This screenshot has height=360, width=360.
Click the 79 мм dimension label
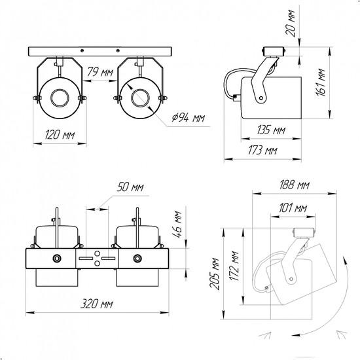coord(100,72)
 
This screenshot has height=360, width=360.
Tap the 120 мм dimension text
coord(60,135)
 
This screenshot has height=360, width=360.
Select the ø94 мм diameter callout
coord(189,118)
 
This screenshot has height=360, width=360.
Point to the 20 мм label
coord(290,23)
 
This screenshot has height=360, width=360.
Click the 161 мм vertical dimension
coord(320,82)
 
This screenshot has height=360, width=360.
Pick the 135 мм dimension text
coord(271,130)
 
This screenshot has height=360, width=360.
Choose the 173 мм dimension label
coord(262,151)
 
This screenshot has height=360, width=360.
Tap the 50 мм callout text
coord(130,187)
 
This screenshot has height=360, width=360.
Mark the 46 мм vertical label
coord(177,224)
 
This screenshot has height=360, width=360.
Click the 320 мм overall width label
coord(97,304)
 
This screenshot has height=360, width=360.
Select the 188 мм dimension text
coord(295,185)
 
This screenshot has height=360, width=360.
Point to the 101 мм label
coord(293,208)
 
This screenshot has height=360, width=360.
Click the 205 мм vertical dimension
coord(215,274)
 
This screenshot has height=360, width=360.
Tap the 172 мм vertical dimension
coord(234,266)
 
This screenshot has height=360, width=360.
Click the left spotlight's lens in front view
coord(60,98)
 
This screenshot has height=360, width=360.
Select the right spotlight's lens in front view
coord(140,98)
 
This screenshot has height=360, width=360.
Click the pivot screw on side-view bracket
coord(261,98)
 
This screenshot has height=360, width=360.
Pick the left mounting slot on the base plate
coord(86,259)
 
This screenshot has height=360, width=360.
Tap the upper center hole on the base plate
coord(98,253)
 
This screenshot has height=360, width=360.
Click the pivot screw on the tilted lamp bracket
coord(291,279)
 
